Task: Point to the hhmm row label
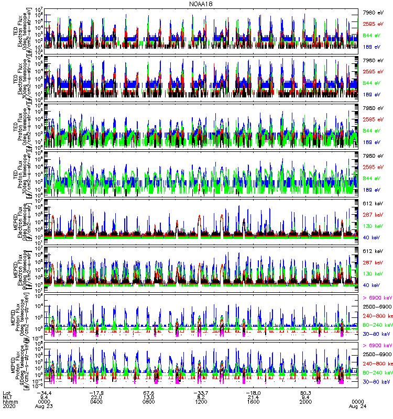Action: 9,401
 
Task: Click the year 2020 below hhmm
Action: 9,406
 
